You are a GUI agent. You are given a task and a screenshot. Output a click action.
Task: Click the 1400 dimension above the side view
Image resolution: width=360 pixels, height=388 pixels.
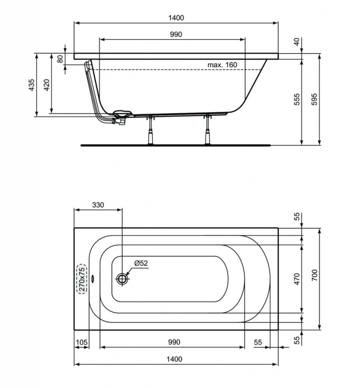click(176, 18)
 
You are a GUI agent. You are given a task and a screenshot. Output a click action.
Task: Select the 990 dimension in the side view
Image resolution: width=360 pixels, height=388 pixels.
click(176, 34)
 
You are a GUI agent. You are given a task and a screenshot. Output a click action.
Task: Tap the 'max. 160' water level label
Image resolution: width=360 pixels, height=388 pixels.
click(222, 65)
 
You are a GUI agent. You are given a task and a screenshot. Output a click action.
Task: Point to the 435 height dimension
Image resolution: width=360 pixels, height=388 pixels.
click(31, 84)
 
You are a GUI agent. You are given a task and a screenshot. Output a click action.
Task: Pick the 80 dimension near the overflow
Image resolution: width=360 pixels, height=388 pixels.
click(60, 59)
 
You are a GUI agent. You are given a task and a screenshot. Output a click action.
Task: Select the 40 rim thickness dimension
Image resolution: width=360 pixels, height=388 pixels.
click(297, 41)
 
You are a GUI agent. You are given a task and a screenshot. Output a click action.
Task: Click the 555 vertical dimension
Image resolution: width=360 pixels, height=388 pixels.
click(297, 99)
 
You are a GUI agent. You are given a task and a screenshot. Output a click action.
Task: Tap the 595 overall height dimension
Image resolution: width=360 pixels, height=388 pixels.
click(314, 99)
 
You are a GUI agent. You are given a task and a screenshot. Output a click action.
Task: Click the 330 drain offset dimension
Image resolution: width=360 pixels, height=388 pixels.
click(98, 205)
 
